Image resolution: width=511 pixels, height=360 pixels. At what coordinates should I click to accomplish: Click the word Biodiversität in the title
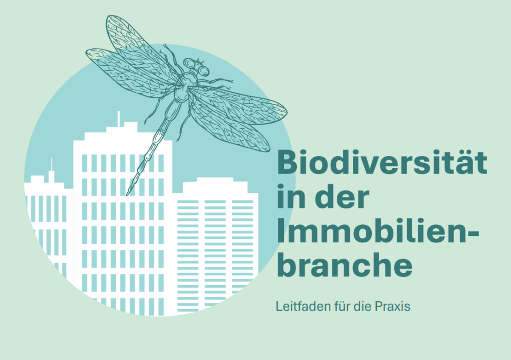coord(382,162)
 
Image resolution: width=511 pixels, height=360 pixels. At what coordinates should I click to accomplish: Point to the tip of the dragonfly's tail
coord(127,195)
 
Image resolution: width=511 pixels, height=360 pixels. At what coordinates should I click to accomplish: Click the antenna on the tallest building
coord(119,119)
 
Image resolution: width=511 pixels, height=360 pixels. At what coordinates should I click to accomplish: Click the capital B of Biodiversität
coord(288,162)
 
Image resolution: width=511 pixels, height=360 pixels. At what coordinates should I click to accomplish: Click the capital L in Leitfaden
coord(279,306)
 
